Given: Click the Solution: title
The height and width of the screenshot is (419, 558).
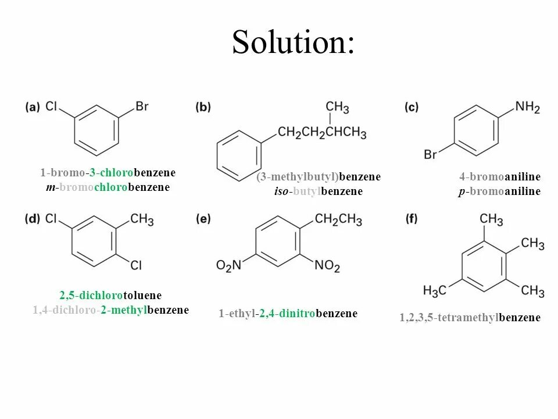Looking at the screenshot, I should (293, 42).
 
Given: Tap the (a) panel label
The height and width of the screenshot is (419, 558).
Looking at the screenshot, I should (33, 107).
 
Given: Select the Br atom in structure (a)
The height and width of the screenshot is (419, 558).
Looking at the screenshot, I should (142, 106).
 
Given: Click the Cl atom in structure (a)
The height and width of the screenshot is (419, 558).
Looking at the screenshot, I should (52, 106).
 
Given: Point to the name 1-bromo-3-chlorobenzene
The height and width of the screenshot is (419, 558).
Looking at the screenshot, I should (108, 173).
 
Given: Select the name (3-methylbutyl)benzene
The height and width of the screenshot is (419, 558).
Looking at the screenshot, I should (319, 177).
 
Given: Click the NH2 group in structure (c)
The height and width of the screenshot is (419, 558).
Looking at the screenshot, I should (527, 108).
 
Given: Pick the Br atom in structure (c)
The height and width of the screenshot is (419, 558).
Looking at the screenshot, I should (431, 155).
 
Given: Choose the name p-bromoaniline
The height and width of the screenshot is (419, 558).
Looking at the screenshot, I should (499, 191).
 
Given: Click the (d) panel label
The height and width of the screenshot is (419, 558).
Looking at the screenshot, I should (33, 219).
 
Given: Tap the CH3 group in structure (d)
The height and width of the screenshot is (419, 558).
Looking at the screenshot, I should (142, 219).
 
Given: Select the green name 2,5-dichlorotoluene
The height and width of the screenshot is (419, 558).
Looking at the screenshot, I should (110, 296).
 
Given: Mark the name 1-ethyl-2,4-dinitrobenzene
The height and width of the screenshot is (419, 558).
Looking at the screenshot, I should (288, 314).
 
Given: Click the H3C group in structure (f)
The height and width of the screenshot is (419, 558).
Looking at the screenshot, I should (434, 290).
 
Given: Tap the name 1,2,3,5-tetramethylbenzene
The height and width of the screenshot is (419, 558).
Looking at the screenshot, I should (470, 318).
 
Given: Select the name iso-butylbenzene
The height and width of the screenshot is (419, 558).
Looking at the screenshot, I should (319, 191).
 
